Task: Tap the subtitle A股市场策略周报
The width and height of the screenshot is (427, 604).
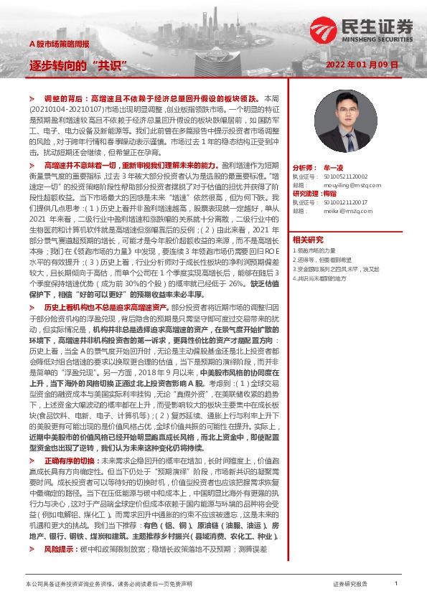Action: (x=60, y=44)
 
